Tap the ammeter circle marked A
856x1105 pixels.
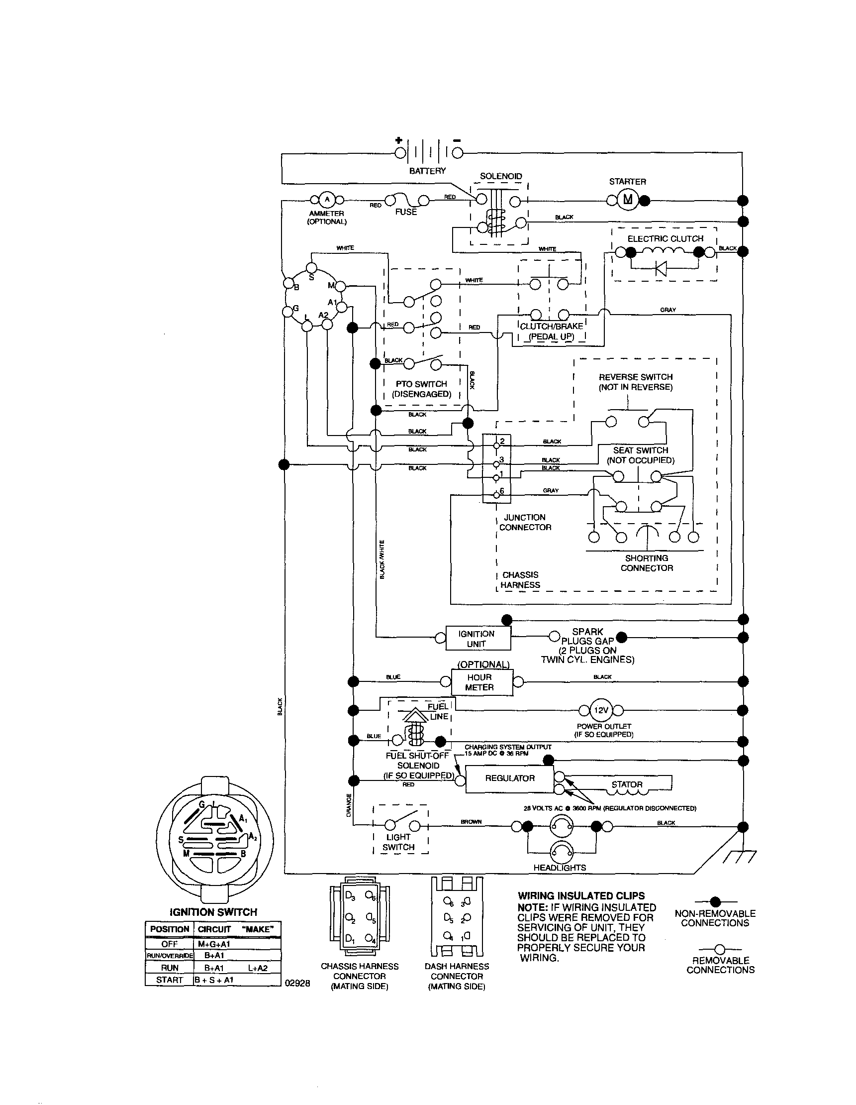[x=327, y=199]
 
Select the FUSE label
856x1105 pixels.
[x=406, y=212]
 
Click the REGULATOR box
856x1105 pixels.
[x=510, y=778]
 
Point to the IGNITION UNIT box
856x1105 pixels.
[x=477, y=639]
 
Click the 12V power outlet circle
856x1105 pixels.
[x=601, y=710]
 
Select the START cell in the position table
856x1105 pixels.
[x=170, y=980]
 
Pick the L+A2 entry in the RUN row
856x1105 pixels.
[x=258, y=968]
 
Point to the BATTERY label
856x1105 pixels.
[x=427, y=171]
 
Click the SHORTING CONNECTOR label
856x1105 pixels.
[x=646, y=562]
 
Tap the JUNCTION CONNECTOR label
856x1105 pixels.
[x=525, y=522]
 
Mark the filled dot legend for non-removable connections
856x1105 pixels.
[x=715, y=901]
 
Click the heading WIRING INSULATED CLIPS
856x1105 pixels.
[x=581, y=896]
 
